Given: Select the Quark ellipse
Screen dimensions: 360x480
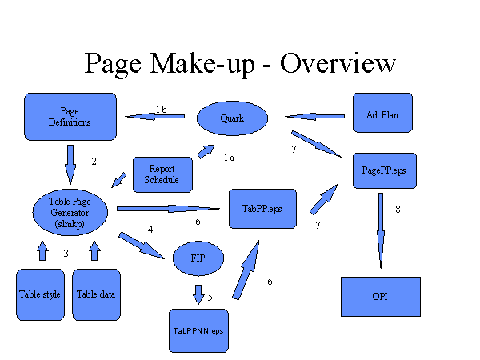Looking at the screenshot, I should pyautogui.click(x=231, y=119).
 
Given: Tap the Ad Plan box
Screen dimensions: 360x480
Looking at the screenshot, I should pyautogui.click(x=387, y=115).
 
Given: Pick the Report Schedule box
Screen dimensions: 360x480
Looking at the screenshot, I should pyautogui.click(x=162, y=174).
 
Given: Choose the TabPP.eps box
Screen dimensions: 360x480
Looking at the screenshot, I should pyautogui.click(x=262, y=210).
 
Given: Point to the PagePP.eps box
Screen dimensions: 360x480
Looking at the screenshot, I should pyautogui.click(x=384, y=171).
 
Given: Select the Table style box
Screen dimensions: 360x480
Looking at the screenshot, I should pyautogui.click(x=40, y=294).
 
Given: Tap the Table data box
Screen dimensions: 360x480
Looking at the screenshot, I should pyautogui.click(x=96, y=294).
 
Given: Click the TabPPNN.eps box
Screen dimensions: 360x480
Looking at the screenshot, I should pyautogui.click(x=199, y=330).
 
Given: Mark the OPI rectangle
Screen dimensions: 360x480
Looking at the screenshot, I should pyautogui.click(x=380, y=297).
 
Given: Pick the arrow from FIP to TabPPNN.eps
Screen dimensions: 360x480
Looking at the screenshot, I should pyautogui.click(x=198, y=294).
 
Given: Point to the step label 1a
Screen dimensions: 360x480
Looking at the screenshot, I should pyautogui.click(x=229, y=158).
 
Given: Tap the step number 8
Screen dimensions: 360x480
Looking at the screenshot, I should pyautogui.click(x=398, y=210).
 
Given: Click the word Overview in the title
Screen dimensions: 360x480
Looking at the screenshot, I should pyautogui.click(x=337, y=63).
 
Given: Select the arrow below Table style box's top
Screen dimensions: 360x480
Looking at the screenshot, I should pyautogui.click(x=42, y=251).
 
